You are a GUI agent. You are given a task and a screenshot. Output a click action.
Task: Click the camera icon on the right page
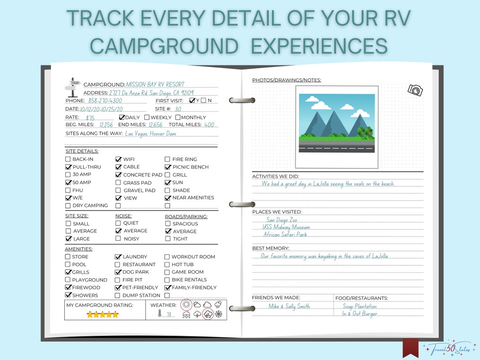tap(415, 90)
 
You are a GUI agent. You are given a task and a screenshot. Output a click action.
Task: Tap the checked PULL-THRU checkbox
tap(68, 167)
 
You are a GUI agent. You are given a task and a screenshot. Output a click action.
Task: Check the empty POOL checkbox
tap(68, 264)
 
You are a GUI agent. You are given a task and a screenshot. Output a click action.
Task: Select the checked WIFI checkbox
tap(118, 159)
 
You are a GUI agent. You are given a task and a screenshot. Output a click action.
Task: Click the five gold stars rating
tap(102, 315)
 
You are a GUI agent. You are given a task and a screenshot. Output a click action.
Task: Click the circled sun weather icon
tap(186, 304)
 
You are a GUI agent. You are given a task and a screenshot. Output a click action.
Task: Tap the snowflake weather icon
tap(219, 314)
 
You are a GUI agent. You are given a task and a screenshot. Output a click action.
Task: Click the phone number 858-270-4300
tap(105, 101)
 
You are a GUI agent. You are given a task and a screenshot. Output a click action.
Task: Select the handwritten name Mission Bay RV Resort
tap(155, 84)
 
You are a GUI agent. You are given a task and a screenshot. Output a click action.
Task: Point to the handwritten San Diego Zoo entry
tap(282, 220)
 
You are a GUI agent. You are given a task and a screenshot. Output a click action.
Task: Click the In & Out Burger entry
tap(359, 314)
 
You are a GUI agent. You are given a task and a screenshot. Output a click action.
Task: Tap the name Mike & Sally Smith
tap(289, 307)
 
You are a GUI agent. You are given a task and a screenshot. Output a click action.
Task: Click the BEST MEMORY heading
tap(270, 248)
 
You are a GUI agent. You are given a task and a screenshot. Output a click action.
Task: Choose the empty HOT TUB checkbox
tap(167, 264)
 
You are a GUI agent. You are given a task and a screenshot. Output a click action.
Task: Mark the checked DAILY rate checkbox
tap(122, 117)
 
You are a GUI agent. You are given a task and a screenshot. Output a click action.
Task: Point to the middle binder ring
tap(242, 205)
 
